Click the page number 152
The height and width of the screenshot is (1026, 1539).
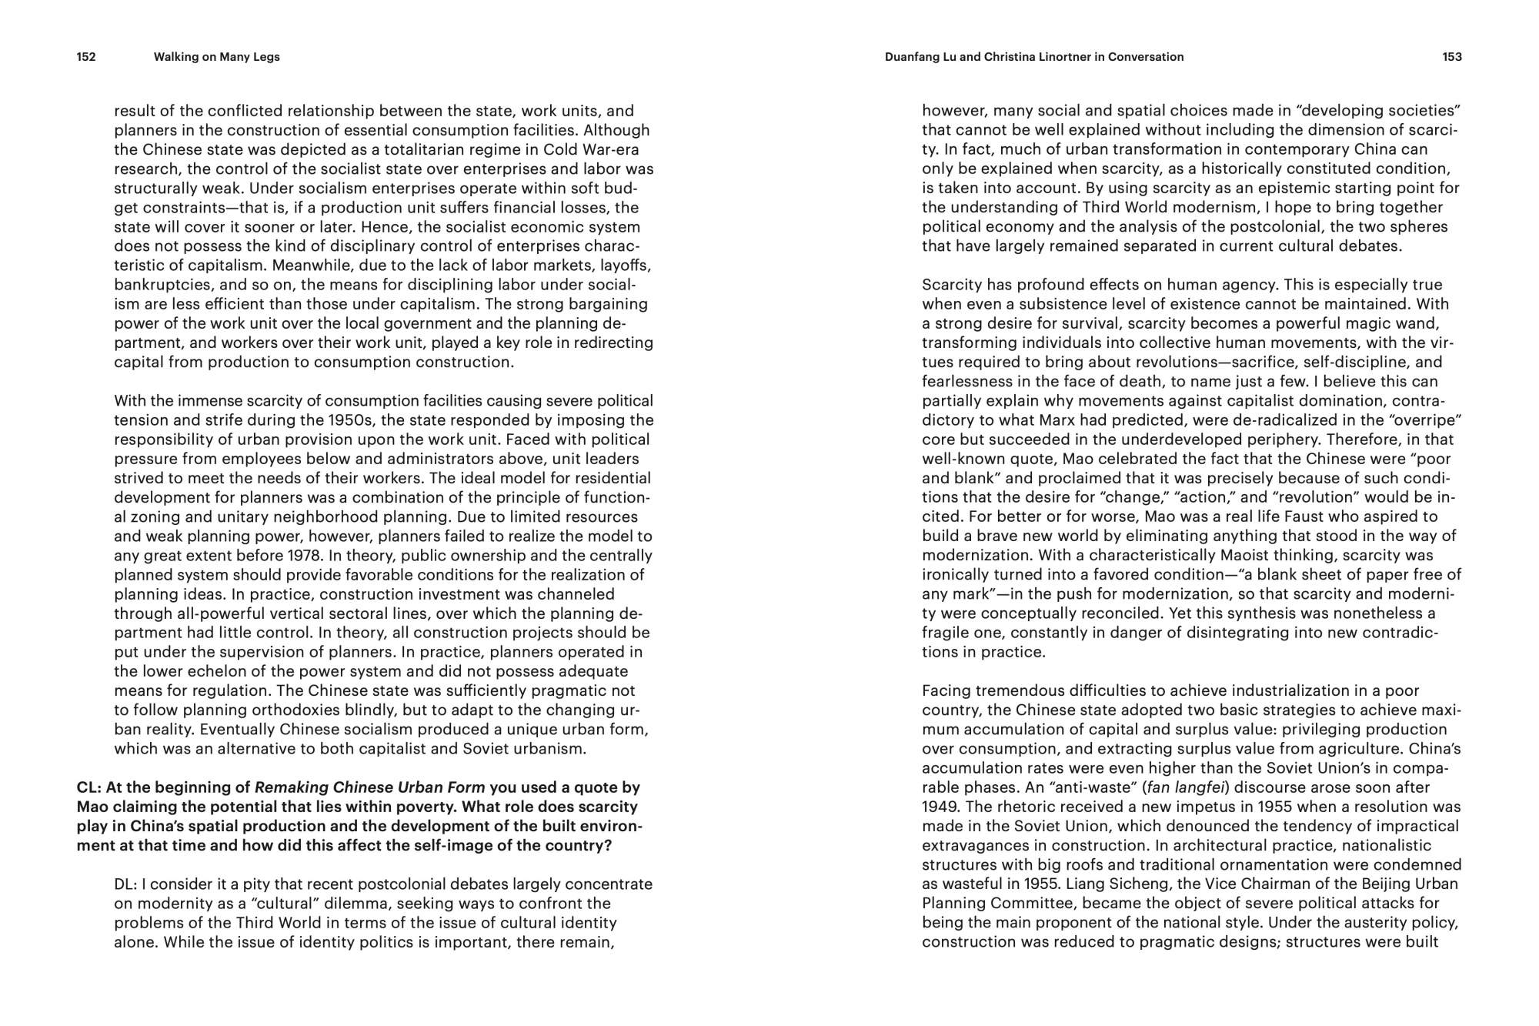coord(86,57)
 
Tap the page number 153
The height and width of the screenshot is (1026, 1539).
coord(1452,57)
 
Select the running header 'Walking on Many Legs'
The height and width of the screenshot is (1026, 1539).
coord(216,57)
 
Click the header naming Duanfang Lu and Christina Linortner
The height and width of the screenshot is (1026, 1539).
coord(1034,57)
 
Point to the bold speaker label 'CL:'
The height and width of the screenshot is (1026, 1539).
coord(89,787)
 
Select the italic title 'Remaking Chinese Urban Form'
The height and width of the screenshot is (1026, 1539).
coord(370,787)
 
